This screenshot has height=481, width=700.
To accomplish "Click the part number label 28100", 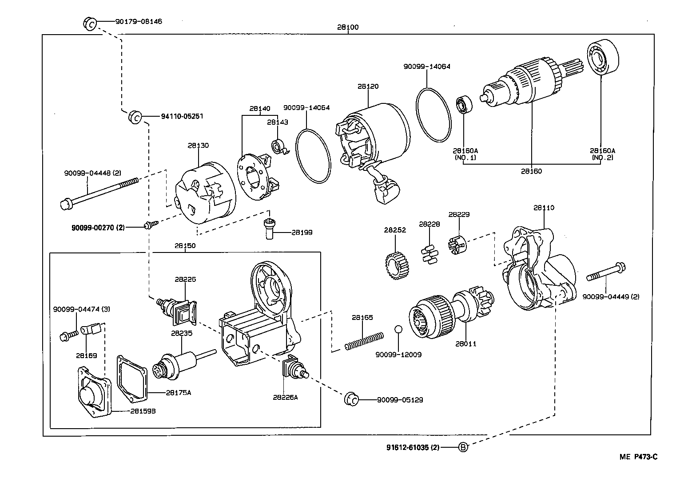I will [x=347, y=27].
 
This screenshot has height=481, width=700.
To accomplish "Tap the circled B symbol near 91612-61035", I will [x=463, y=447].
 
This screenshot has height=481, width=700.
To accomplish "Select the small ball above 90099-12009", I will [x=398, y=329].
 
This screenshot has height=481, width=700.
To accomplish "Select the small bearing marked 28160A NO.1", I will [x=465, y=104].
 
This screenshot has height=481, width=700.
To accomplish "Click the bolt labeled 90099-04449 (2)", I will [x=606, y=272].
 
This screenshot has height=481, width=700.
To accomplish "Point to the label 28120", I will [x=368, y=87].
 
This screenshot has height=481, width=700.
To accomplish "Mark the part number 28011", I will [x=465, y=343].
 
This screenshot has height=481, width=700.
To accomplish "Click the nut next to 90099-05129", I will [x=351, y=399].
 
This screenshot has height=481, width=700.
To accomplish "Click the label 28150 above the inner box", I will [x=185, y=245].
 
